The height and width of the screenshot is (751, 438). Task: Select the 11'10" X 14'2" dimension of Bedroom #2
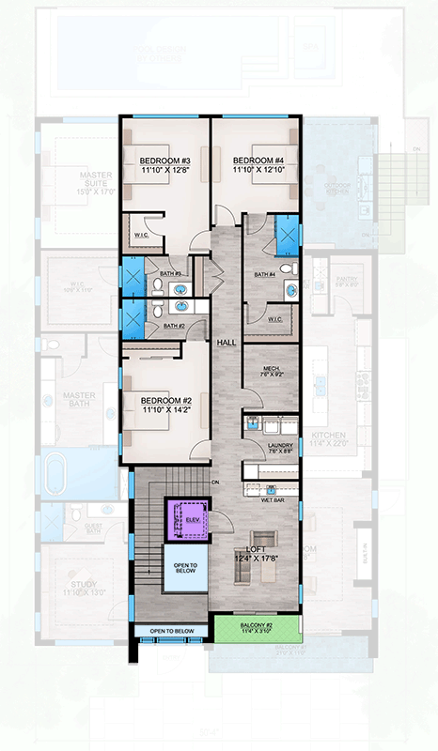pyautogui.click(x=165, y=409)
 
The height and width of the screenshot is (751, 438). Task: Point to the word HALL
pyautogui.click(x=225, y=344)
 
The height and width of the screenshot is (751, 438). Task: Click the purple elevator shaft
pyautogui.click(x=186, y=519)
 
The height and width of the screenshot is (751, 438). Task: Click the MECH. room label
pyautogui.click(x=272, y=368)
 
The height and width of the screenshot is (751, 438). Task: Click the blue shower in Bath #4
pyautogui.click(x=284, y=232)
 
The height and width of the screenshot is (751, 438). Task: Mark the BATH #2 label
pyautogui.click(x=174, y=326)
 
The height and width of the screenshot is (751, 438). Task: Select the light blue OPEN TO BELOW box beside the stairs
pyautogui.click(x=184, y=572)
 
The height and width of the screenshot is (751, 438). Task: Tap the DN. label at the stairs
pyautogui.click(x=214, y=483)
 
